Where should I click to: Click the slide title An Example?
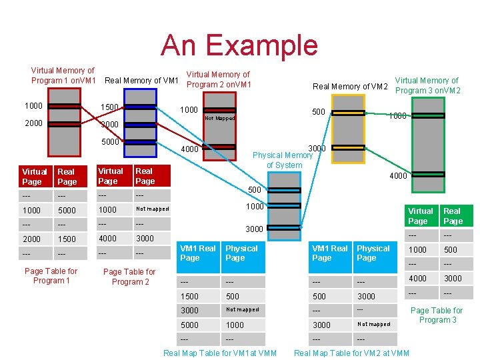point(239,45)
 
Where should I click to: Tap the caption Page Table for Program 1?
point(51,276)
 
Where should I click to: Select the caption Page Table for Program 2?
point(129,277)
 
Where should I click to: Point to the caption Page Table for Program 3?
point(436,315)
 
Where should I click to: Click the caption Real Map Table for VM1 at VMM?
point(220,353)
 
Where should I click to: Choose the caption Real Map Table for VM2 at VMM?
point(351,353)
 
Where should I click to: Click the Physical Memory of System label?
point(284,160)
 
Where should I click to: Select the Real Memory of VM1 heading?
point(142,81)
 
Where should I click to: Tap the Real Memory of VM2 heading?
point(350,86)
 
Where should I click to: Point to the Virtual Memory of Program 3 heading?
point(427,85)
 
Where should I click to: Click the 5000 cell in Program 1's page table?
point(67,210)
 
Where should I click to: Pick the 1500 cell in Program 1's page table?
point(67,239)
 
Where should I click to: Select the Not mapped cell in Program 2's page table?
point(152,209)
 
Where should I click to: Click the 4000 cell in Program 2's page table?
point(107,238)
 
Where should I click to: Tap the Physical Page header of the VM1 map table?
point(241,253)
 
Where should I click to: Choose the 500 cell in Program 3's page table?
point(451,250)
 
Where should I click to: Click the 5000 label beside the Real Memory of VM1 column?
point(110,141)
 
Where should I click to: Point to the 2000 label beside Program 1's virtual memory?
point(33,123)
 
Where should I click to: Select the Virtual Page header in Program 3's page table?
point(421,216)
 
